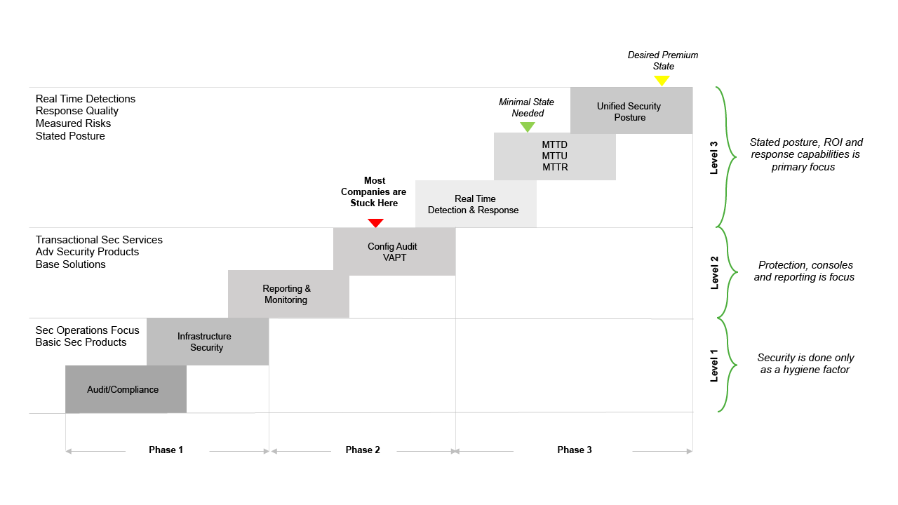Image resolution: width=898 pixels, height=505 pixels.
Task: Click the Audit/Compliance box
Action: click(126, 389)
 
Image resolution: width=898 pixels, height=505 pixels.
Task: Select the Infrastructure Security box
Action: click(207, 342)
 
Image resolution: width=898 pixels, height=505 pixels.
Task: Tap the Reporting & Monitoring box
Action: click(288, 294)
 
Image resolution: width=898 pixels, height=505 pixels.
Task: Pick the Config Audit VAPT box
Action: click(394, 251)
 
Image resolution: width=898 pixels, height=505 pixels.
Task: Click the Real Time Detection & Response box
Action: click(475, 204)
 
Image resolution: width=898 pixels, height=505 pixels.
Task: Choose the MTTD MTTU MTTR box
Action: click(554, 156)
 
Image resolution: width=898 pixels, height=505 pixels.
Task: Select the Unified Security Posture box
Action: click(630, 112)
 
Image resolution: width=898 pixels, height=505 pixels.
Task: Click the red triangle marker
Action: click(376, 223)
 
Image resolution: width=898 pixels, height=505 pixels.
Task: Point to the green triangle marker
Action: click(528, 127)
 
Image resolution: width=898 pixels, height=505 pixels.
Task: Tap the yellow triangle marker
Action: click(662, 81)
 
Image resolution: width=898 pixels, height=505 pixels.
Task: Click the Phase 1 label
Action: click(166, 450)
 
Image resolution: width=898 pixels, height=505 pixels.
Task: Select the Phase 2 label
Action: click(363, 450)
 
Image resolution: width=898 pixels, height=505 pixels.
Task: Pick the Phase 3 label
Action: click(575, 450)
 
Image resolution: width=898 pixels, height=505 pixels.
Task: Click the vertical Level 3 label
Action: click(714, 158)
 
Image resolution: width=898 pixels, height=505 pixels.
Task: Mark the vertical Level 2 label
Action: click(714, 273)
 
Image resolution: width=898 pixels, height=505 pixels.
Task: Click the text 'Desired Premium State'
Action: click(663, 60)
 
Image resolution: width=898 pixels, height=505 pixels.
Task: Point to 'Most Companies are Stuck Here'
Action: click(375, 191)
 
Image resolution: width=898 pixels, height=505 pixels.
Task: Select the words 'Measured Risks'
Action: click(73, 123)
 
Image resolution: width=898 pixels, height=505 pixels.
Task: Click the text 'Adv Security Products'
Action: click(87, 252)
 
